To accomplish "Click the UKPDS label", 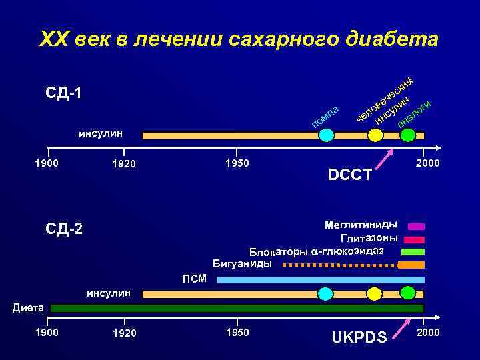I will pos(359,337).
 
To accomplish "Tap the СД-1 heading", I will pos(64,92).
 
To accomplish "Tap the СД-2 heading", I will pos(64,229).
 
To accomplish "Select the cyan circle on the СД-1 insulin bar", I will pos(326,135).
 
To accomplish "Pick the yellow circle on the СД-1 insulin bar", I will pos(375,135).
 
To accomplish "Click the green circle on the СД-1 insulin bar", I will pos(408,135).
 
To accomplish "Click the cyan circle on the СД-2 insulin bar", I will pos(325,294).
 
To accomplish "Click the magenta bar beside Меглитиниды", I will pos(416,226).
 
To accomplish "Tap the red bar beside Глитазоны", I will pos(413,239).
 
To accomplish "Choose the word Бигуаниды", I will pos(241,263).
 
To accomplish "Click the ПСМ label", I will pos(195,278).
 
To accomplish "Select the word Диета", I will pos(28,307).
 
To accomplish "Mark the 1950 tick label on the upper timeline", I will pos(237,163).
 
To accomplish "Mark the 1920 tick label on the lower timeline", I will pos(124,333).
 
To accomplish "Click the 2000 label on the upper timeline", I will pos(427,163).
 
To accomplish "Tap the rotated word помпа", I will pos(327,115).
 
